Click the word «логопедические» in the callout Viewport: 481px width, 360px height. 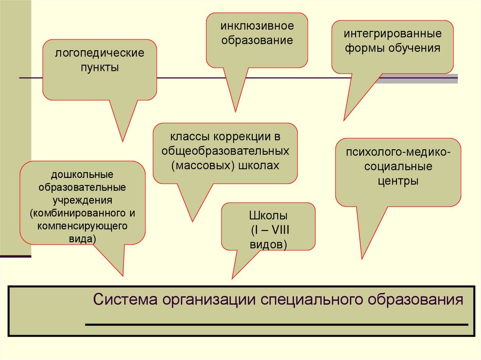pyautogui.click(x=100, y=52)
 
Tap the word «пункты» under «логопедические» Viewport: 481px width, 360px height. pyautogui.click(x=100, y=67)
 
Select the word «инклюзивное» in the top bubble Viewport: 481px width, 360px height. pyautogui.click(x=257, y=25)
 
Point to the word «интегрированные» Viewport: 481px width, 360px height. pyautogui.click(x=392, y=34)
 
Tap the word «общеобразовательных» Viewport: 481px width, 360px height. pyautogui.click(x=225, y=151)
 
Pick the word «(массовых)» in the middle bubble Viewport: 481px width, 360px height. pyautogui.click(x=196, y=165)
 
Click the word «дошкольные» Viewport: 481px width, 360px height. pyautogui.click(x=82, y=175)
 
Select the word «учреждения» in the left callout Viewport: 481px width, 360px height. pyautogui.click(x=82, y=200)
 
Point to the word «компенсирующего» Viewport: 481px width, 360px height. pyautogui.click(x=82, y=226)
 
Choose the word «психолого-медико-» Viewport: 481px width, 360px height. pyautogui.click(x=398, y=153)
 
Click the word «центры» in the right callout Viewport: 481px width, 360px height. pyautogui.click(x=398, y=180)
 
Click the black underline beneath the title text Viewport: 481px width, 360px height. pyautogui.click(x=277, y=324)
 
